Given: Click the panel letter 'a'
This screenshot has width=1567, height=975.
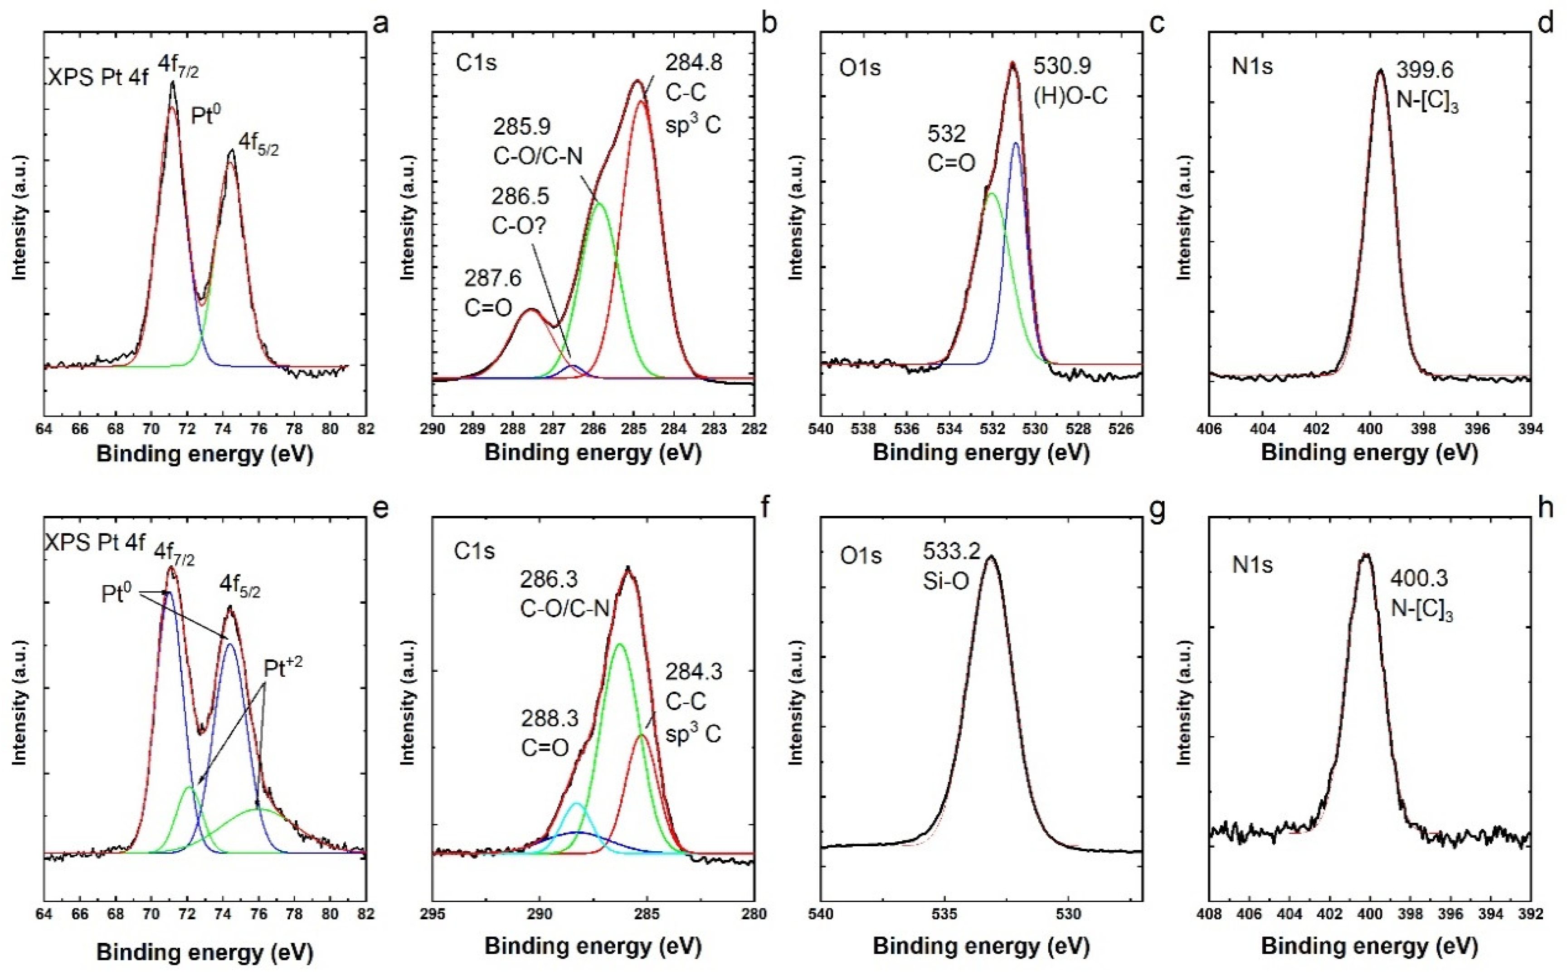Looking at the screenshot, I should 381,24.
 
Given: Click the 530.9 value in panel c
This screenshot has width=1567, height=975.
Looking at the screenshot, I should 1062,66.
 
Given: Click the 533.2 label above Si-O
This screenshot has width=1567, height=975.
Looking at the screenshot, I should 951,551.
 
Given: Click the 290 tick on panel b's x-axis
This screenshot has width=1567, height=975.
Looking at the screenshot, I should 433,429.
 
